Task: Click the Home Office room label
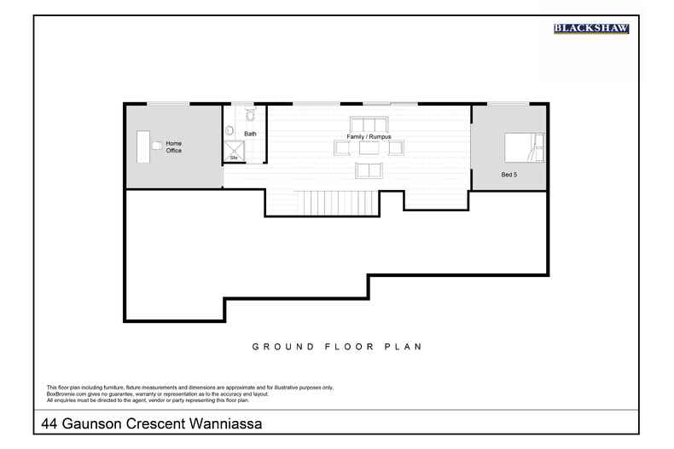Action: point(174,147)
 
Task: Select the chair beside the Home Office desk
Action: point(156,146)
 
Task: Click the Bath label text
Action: point(250,135)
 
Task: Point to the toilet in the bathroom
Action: point(250,114)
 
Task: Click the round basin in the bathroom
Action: point(230,130)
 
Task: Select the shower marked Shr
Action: point(231,152)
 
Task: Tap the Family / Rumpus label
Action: point(368,136)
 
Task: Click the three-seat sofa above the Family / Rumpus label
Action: point(368,123)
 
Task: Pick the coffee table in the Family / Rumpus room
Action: point(368,148)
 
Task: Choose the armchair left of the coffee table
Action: point(342,148)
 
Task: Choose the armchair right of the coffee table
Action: point(395,148)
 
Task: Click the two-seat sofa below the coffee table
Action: point(368,170)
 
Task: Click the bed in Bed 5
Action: point(522,147)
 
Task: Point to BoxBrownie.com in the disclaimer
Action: point(65,394)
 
